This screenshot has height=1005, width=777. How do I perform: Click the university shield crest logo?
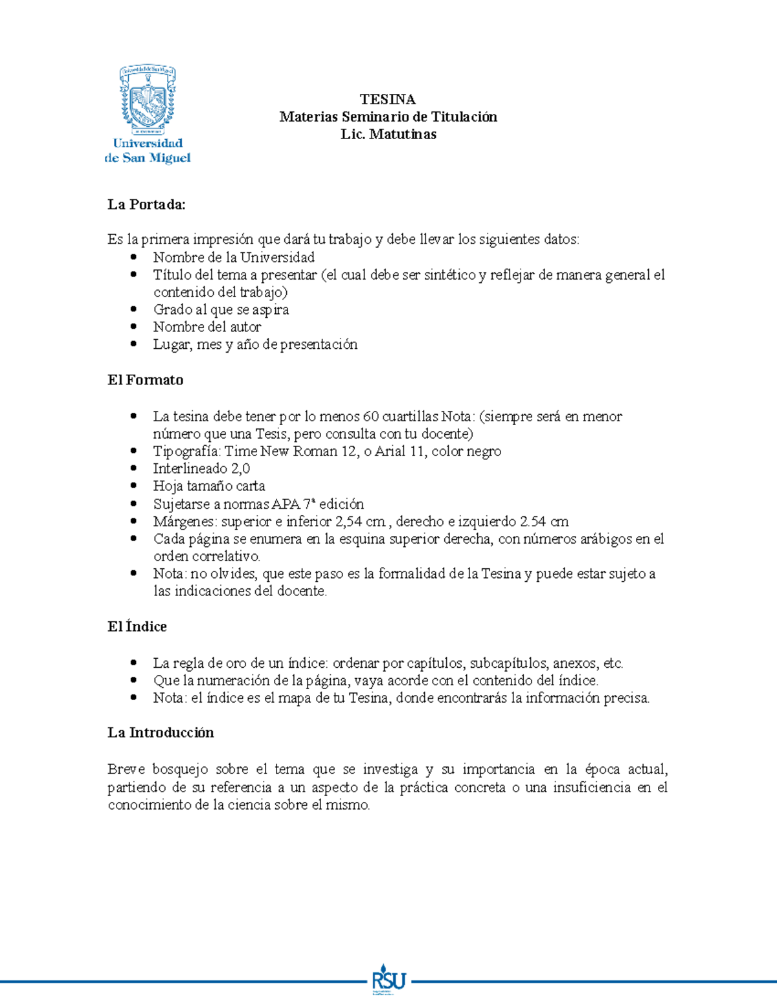[148, 99]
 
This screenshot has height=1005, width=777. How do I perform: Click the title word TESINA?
[388, 99]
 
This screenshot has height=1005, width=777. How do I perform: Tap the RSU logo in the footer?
[388, 981]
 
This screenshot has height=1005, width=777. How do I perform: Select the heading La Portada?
[146, 204]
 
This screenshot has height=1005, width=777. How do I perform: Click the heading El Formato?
[145, 380]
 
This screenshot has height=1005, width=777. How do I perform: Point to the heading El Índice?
[137, 626]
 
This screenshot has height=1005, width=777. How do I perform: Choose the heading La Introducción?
[161, 733]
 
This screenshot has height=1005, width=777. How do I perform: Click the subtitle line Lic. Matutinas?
[388, 134]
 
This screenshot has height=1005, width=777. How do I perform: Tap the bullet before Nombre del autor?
[133, 327]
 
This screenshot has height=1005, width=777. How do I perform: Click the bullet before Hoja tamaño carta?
[133, 485]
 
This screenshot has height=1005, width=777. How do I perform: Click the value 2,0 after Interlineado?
[240, 468]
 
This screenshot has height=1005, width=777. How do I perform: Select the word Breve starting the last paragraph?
[126, 769]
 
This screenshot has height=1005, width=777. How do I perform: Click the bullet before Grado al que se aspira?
[133, 309]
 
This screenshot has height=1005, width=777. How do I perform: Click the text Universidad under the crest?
[148, 143]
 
